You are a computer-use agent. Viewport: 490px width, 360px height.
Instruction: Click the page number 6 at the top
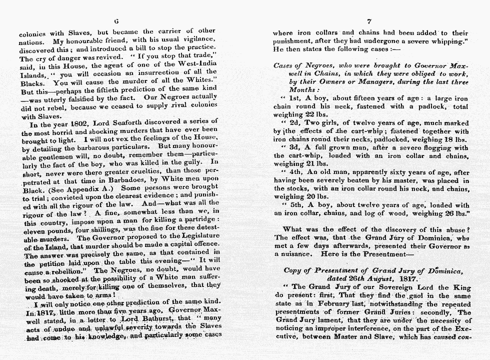click(116, 21)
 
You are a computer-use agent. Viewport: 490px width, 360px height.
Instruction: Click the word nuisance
click(292, 254)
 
